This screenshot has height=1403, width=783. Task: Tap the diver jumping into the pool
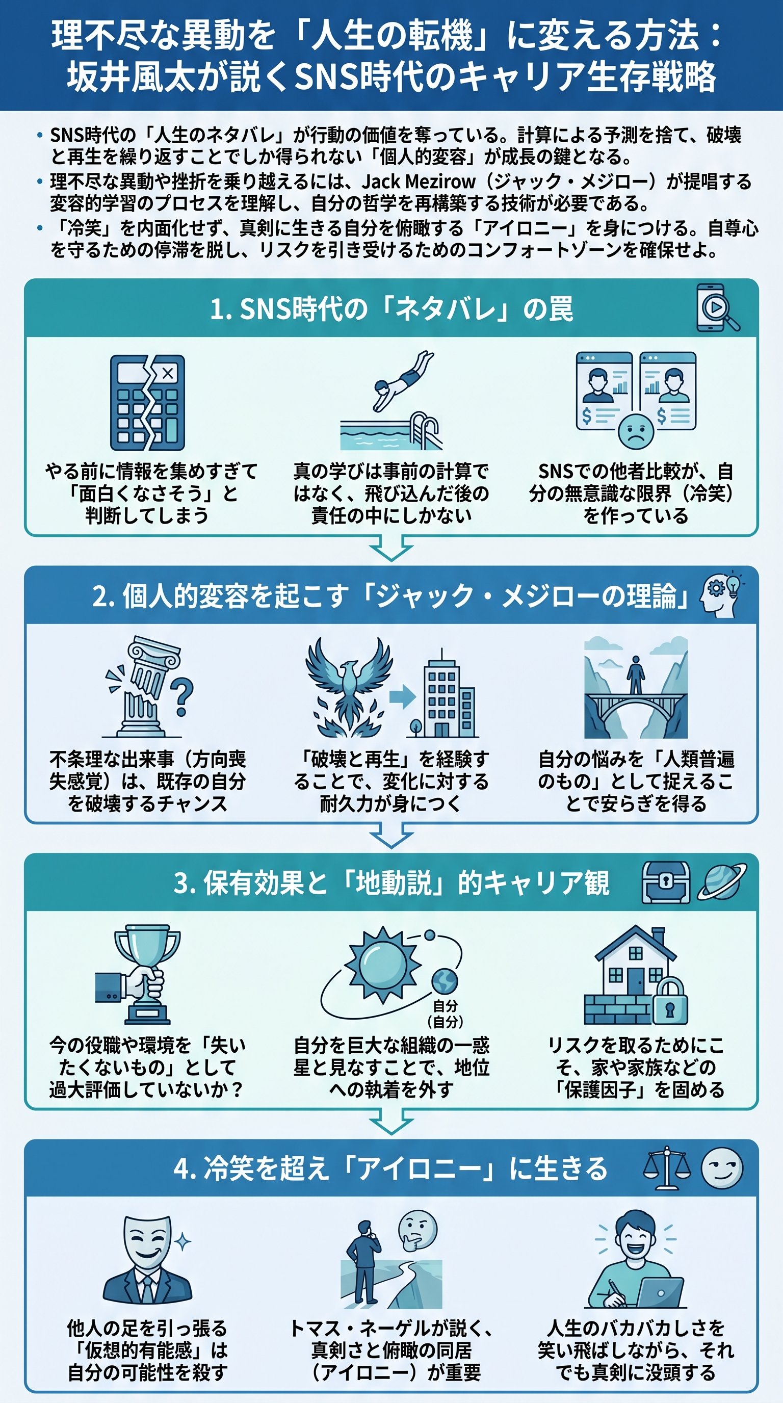[403, 379]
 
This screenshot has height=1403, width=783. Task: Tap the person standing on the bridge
[636, 675]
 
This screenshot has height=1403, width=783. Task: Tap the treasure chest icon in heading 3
[665, 882]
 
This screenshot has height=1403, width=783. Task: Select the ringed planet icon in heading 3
[721, 882]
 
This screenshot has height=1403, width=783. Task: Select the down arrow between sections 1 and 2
[391, 549]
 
